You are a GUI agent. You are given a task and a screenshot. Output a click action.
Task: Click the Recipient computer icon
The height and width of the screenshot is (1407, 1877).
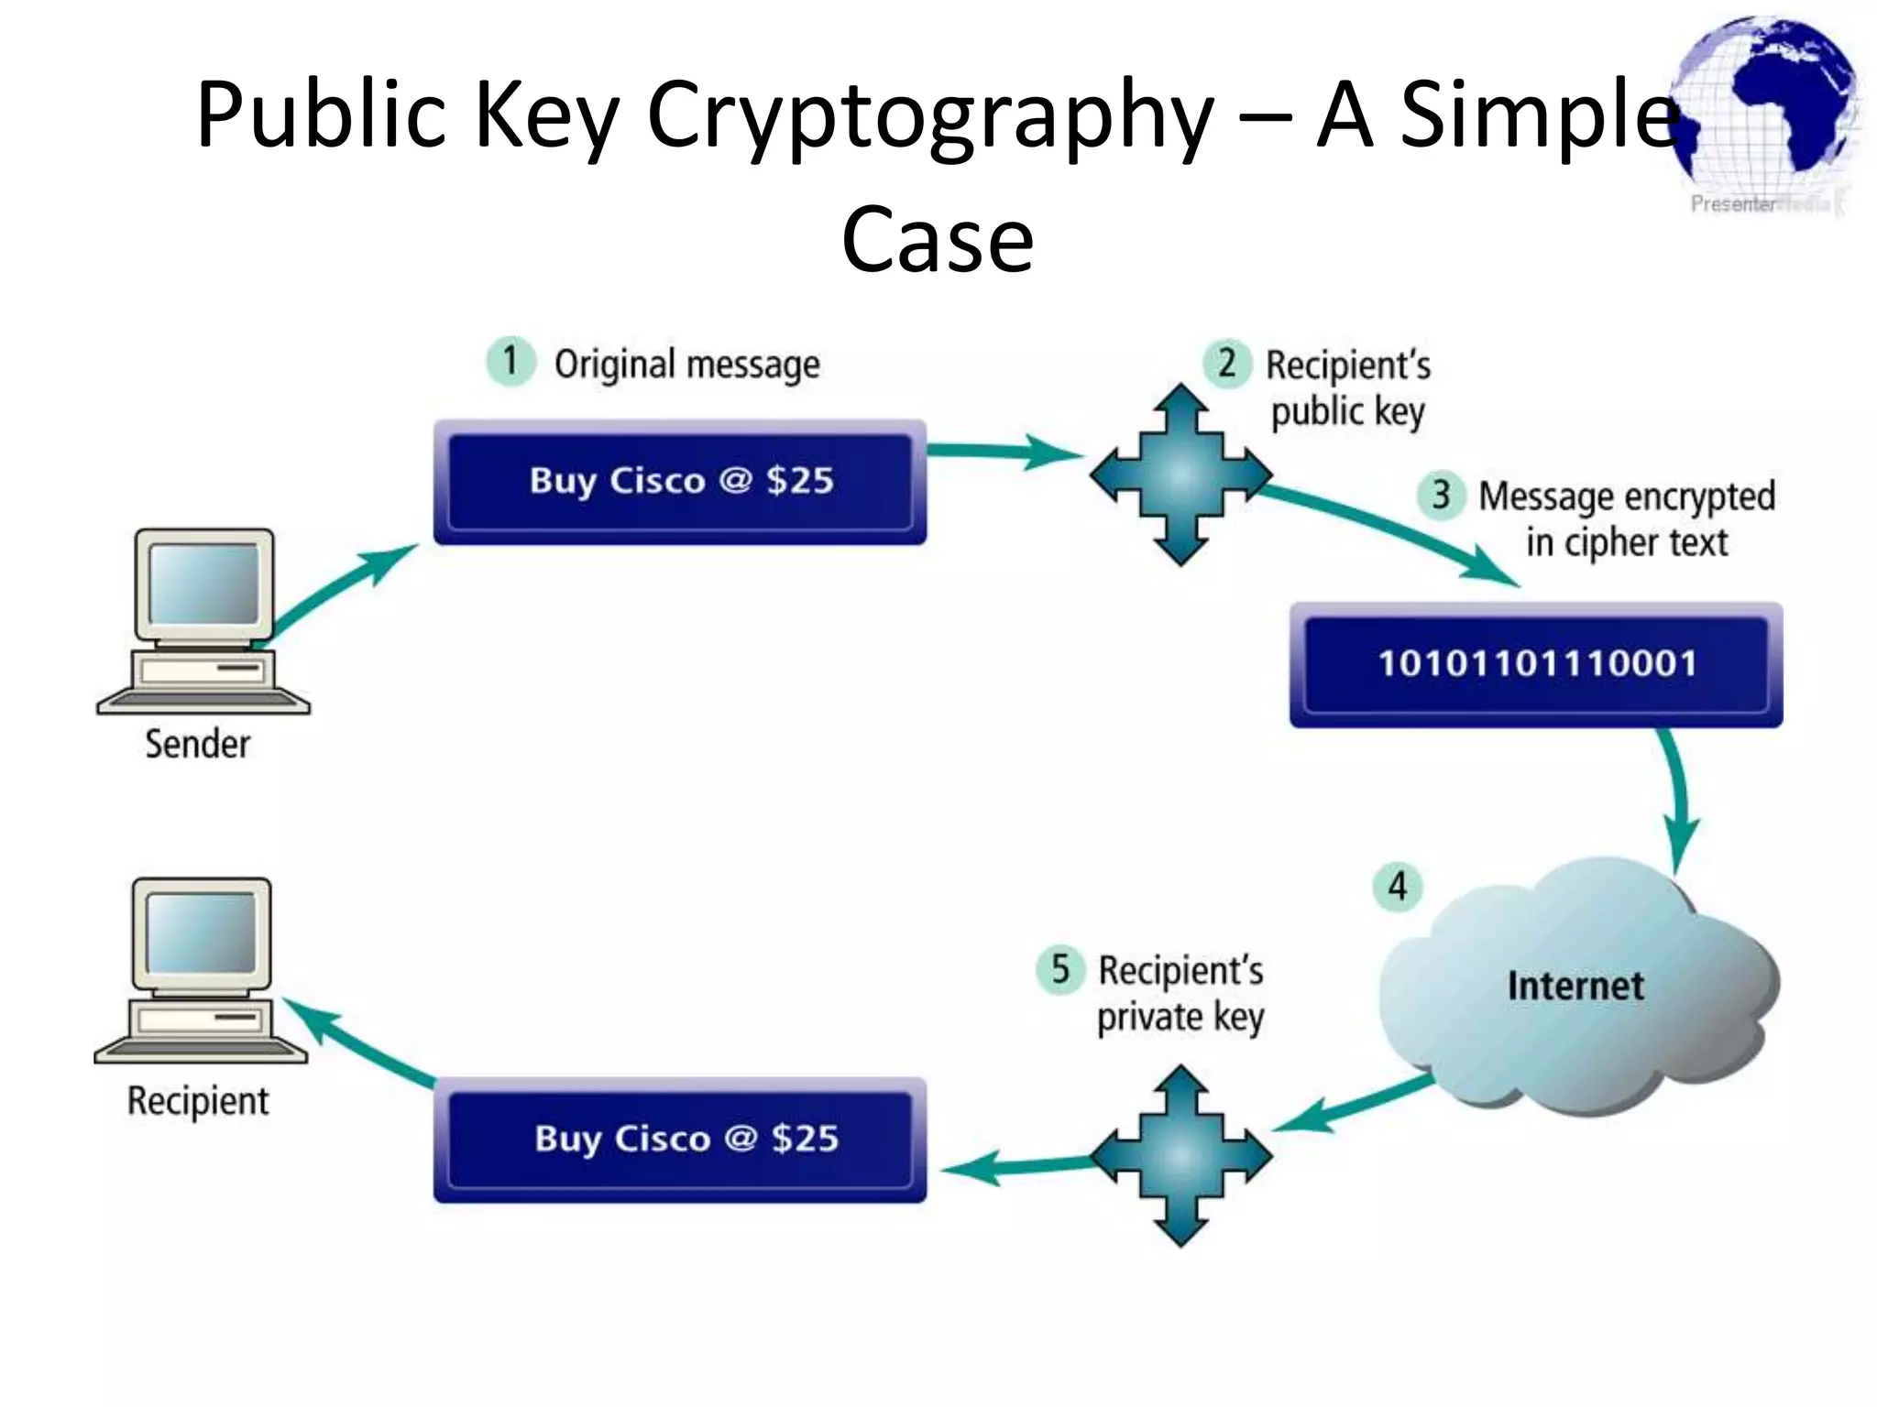(x=201, y=971)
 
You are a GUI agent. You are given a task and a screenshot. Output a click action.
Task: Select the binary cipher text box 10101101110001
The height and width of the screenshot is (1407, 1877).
(x=1536, y=664)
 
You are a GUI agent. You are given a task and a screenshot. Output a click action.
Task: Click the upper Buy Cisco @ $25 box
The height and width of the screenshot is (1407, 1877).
(x=680, y=482)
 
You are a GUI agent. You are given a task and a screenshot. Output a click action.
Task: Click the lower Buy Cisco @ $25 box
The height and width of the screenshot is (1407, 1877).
(x=680, y=1140)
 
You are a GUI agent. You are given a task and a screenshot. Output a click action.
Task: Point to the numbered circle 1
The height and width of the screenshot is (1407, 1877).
(x=510, y=361)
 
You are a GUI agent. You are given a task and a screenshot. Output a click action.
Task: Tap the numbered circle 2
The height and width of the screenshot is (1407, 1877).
(x=1227, y=364)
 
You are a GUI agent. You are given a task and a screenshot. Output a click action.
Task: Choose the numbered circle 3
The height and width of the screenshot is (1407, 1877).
(x=1442, y=496)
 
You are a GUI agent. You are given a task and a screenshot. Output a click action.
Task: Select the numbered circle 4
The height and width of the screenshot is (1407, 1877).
(x=1397, y=887)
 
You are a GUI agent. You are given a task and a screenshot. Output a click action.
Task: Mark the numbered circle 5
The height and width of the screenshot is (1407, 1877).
(x=1060, y=969)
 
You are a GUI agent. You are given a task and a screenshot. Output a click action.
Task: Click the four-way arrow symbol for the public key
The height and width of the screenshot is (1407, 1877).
(x=1180, y=474)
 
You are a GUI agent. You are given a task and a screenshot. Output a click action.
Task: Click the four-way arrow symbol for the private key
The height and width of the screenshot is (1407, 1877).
(x=1180, y=1156)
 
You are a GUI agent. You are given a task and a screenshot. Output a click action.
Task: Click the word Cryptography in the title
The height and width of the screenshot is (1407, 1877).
(x=930, y=115)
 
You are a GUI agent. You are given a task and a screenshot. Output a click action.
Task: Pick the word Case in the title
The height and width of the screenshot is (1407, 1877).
(x=938, y=239)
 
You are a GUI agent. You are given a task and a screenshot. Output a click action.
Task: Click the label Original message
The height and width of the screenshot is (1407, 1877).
(x=686, y=365)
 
